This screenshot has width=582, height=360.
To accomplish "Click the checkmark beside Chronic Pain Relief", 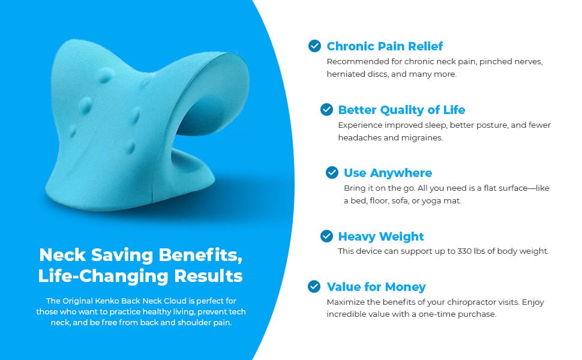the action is tap(314, 46).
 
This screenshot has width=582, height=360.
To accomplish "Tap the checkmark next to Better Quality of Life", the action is tap(326, 109).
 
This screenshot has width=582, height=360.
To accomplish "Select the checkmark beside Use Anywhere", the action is tap(332, 173).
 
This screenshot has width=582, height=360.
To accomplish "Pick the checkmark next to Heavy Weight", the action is tap(326, 236).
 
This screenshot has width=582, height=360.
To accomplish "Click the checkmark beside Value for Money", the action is tap(314, 287).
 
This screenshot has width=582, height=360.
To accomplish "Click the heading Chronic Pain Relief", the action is tap(385, 46).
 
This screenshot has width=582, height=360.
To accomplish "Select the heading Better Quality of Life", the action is tap(401, 110).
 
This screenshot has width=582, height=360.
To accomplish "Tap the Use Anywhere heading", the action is tap(388, 173).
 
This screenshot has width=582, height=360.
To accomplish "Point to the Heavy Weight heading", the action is tap(381, 236).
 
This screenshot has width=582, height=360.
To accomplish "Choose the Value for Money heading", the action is tap(376, 287).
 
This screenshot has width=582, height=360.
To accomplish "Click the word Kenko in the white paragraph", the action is tap(106, 301).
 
